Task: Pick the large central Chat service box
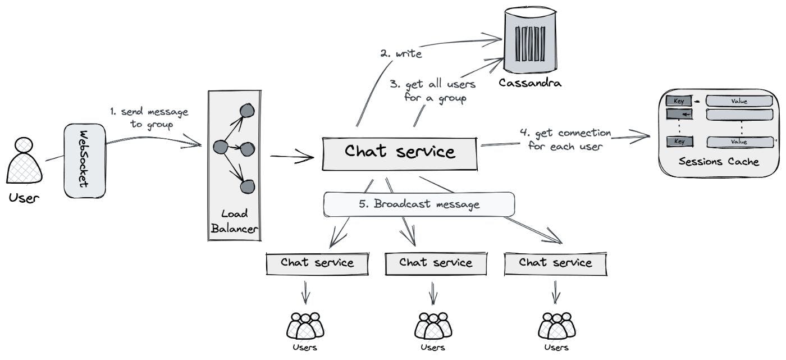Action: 399,152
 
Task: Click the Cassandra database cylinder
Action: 530,43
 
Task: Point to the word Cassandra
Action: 530,84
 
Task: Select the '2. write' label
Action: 400,54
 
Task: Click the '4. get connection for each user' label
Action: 565,139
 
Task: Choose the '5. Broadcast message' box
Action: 419,204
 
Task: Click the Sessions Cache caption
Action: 719,162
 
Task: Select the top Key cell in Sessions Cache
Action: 679,102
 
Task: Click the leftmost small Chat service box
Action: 317,263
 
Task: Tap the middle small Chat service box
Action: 436,263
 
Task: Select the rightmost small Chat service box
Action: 555,263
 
